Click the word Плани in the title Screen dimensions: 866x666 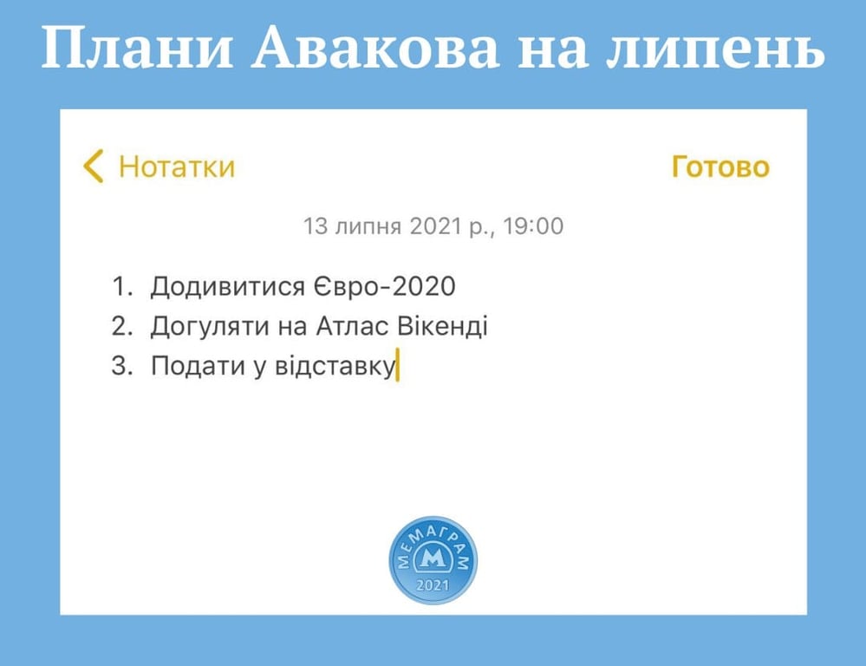136,48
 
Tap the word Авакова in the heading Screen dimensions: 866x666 375,48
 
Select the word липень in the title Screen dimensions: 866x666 716,48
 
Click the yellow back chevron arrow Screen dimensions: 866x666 94,166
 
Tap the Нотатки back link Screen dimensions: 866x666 177,166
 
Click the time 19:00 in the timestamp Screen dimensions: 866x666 533,226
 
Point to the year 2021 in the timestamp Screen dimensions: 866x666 435,226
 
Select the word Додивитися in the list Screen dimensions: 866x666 227,287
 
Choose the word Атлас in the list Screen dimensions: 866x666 352,325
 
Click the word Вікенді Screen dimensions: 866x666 442,325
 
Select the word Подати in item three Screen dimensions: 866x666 198,366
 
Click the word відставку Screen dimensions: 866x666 335,366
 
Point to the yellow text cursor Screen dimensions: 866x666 398,364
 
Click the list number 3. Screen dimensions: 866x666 122,365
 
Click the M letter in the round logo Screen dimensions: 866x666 433,559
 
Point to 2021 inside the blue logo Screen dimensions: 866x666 433,585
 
